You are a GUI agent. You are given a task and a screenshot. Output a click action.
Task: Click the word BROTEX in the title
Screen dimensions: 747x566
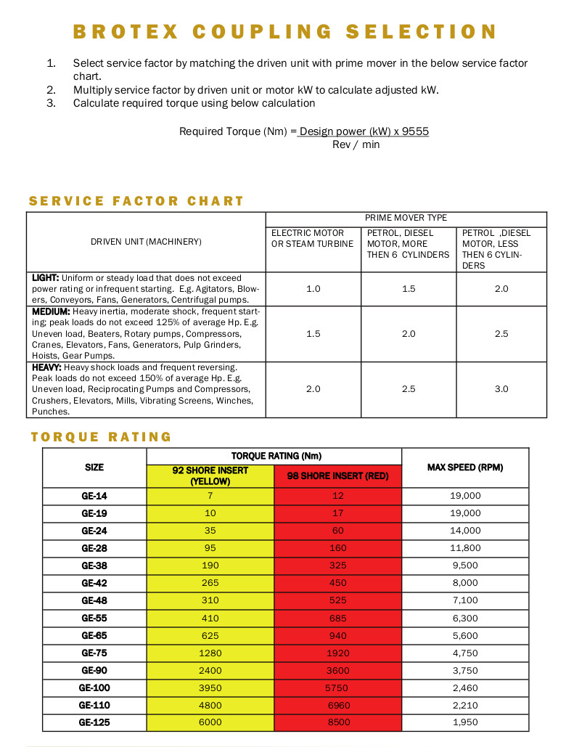[x=124, y=32]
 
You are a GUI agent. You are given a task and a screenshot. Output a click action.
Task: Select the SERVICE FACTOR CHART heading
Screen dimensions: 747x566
[x=136, y=201]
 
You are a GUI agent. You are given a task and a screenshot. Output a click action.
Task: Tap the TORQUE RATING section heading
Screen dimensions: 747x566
[x=101, y=437]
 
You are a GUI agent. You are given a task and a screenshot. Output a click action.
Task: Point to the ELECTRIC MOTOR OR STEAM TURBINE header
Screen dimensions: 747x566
[x=313, y=238]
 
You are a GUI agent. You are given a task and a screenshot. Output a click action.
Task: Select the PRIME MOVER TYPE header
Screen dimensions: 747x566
[x=406, y=218]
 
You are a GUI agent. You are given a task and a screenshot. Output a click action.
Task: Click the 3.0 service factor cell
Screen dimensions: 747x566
[x=501, y=389]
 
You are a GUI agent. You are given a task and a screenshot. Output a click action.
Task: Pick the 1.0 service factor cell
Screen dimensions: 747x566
[x=313, y=289]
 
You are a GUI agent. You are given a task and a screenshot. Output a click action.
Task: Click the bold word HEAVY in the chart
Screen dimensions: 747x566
[x=46, y=367]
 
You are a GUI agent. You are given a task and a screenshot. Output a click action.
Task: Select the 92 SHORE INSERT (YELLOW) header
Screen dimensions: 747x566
[x=210, y=475]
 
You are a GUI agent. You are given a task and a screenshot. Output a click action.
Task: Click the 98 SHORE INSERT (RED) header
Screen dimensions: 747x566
[x=338, y=476]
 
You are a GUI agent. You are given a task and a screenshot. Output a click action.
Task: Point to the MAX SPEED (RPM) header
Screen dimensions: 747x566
[x=465, y=468]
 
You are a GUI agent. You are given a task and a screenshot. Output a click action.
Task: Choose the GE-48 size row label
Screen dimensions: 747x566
[x=94, y=600]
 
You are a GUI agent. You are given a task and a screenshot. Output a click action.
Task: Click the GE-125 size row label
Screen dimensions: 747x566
[x=94, y=722]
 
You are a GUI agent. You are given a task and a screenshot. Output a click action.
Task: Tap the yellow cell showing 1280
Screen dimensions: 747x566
[x=210, y=653]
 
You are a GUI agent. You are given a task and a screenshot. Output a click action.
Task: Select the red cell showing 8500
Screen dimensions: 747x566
[x=338, y=722]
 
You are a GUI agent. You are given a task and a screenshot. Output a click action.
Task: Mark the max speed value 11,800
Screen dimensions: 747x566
[x=465, y=548]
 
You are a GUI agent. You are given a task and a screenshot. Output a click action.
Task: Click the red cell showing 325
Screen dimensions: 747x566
[x=338, y=566]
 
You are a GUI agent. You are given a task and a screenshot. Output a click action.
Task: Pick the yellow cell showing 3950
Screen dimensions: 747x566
[x=210, y=687]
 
